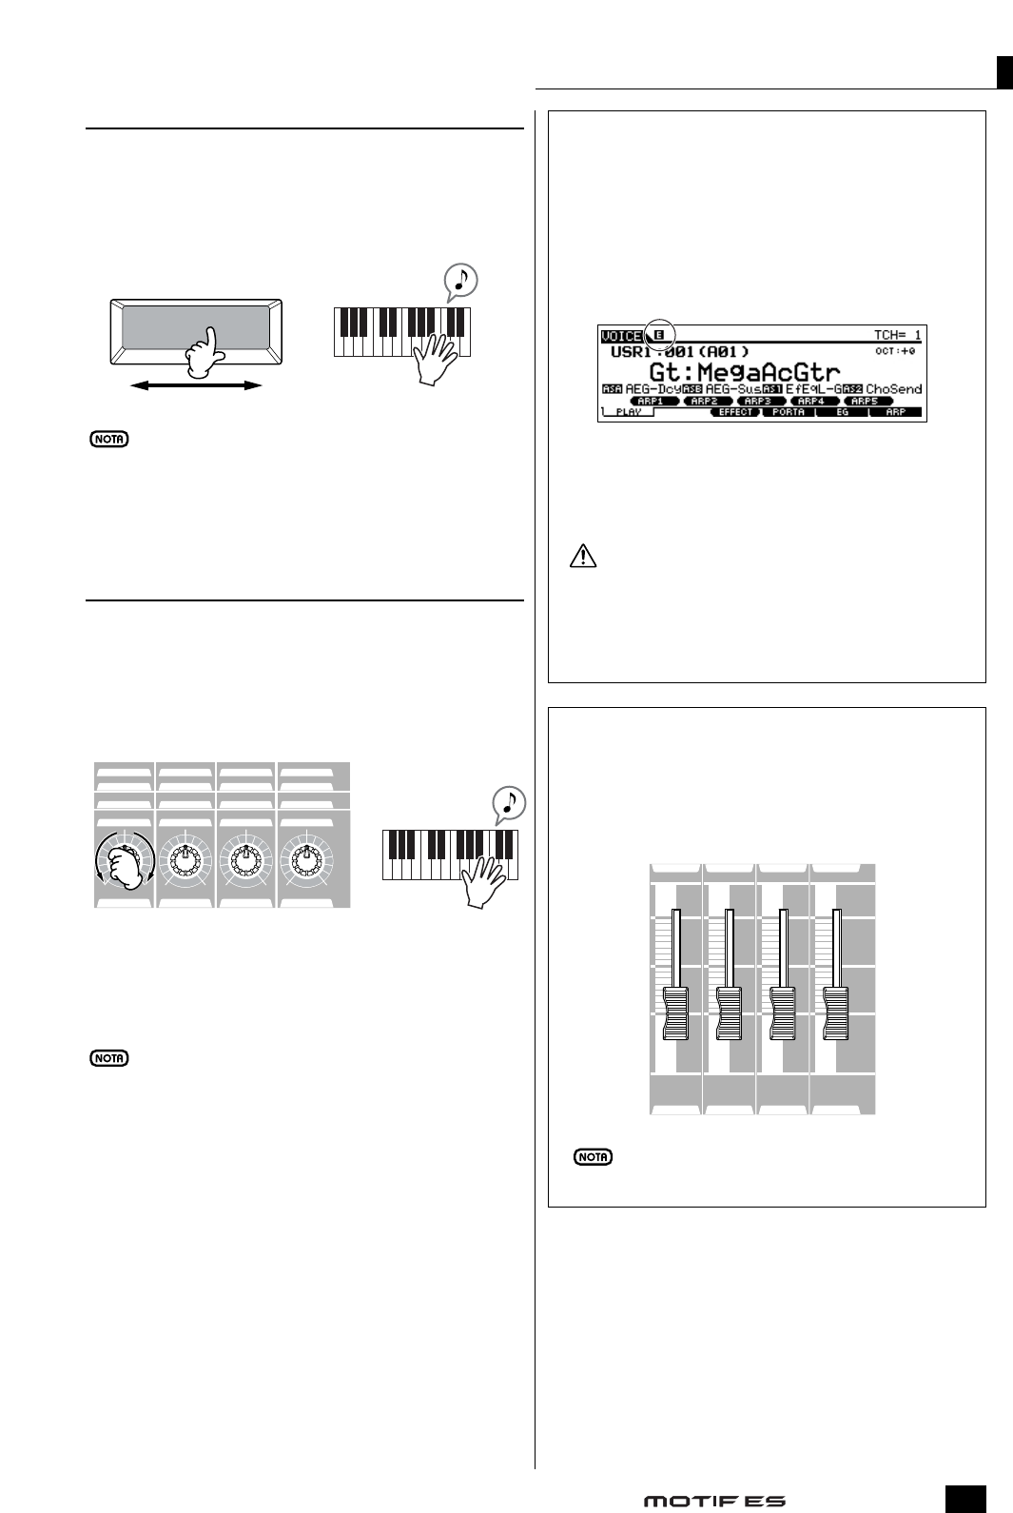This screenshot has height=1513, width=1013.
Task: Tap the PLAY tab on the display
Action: coord(628,413)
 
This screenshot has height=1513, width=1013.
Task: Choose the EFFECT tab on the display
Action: coord(735,413)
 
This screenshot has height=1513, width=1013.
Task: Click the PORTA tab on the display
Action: coord(789,413)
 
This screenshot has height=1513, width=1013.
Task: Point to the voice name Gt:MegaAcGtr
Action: coord(745,370)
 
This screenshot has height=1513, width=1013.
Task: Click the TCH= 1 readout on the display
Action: coord(897,335)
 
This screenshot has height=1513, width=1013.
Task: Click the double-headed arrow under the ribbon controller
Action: coord(196,385)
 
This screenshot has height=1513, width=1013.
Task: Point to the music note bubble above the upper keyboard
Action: coord(461,280)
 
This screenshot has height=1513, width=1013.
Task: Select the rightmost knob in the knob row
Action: coord(307,859)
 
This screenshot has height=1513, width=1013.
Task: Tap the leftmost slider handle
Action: coord(674,1013)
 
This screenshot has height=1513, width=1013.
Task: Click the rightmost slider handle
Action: coord(836,1013)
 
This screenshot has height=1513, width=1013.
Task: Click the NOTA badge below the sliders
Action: coord(593,1157)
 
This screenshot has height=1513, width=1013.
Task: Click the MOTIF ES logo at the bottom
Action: coord(714,1501)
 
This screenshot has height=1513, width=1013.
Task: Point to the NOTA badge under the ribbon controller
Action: coord(107,440)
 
